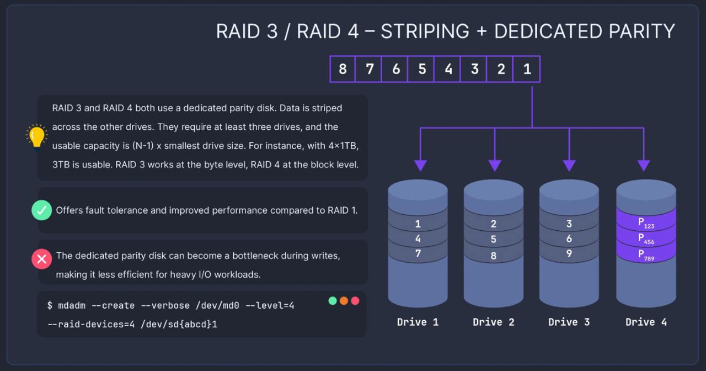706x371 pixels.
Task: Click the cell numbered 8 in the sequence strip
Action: tap(343, 70)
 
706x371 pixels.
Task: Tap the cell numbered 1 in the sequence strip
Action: tap(527, 70)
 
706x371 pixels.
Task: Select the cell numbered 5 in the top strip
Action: tap(422, 70)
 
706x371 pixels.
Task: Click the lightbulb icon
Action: tap(37, 137)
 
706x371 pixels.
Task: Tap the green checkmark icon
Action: tap(42, 210)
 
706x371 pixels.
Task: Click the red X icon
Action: tap(42, 258)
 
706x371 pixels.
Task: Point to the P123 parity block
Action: tap(646, 223)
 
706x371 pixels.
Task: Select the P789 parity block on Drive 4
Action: tap(646, 255)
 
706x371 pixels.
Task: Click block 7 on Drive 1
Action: tap(418, 253)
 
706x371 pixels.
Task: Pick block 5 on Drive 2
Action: tap(494, 240)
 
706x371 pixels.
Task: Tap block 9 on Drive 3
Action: tap(569, 253)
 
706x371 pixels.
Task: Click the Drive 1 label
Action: tap(418, 322)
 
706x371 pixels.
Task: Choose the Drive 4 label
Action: tap(646, 322)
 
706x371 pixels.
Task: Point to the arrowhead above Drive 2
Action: tap(495, 165)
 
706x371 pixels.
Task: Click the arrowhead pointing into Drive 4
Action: tap(644, 165)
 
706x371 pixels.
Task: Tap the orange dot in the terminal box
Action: tap(344, 301)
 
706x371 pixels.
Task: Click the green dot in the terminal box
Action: tap(333, 301)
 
